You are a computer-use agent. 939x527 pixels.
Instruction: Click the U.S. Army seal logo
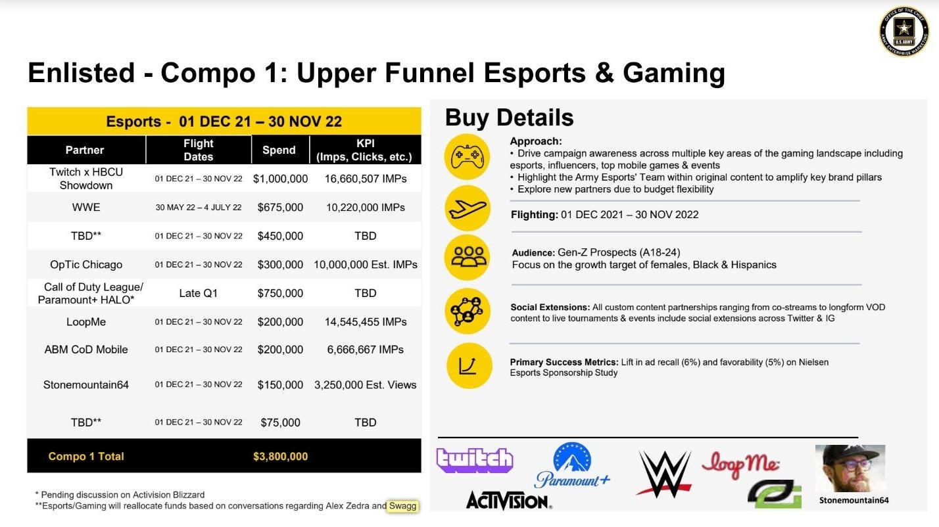click(x=903, y=32)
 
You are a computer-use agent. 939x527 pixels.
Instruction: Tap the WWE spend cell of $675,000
click(x=280, y=208)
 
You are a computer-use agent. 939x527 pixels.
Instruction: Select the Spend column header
click(x=279, y=150)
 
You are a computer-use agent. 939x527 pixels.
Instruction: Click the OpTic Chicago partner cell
click(x=86, y=265)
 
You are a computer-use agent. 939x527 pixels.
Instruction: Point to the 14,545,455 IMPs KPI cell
click(x=365, y=322)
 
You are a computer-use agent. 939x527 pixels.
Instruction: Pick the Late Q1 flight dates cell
click(x=199, y=293)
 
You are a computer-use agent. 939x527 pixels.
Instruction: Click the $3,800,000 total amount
click(x=280, y=456)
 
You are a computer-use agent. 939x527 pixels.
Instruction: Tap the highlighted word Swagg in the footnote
click(x=402, y=505)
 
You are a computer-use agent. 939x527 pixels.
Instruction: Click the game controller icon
click(x=467, y=156)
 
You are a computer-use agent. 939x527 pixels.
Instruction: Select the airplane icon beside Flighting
click(x=467, y=208)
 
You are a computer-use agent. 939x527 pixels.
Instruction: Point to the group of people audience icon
click(x=467, y=257)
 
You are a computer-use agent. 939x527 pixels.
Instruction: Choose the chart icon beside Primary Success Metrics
click(x=469, y=366)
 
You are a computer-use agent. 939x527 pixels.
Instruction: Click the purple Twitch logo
click(x=475, y=460)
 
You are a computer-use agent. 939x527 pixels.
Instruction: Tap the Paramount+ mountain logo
click(x=572, y=465)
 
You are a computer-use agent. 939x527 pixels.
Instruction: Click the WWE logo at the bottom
click(x=664, y=474)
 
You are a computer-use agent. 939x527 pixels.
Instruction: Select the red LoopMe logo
click(x=740, y=465)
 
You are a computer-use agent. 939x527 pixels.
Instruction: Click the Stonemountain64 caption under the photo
click(x=854, y=500)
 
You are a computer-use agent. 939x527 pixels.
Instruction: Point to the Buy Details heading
click(x=509, y=118)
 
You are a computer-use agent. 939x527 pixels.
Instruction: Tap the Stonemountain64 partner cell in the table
click(x=86, y=384)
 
